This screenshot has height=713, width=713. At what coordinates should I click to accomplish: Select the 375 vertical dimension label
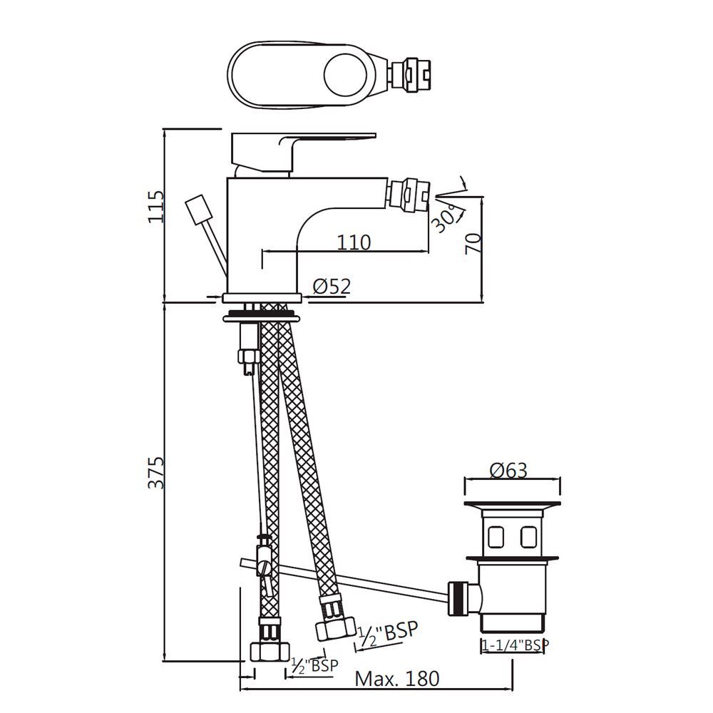click(x=156, y=472)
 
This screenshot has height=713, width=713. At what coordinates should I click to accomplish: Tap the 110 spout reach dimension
click(x=354, y=242)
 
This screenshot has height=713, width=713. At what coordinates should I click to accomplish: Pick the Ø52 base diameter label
click(x=332, y=287)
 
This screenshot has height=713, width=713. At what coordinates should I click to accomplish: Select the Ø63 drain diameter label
click(x=508, y=470)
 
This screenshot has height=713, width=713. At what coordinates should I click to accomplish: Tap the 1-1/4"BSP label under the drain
click(x=515, y=645)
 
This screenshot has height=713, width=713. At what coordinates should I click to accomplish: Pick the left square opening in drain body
click(x=496, y=535)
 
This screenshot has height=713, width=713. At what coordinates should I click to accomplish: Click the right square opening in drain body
click(x=529, y=535)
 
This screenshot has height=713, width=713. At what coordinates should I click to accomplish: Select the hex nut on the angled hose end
click(x=334, y=628)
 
